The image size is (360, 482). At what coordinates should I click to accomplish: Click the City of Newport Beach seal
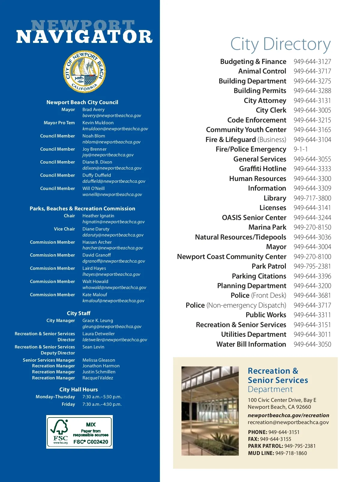tap(84, 72)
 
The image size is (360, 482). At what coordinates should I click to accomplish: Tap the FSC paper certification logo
tap(79, 432)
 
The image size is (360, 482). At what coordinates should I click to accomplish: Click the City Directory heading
tap(280, 44)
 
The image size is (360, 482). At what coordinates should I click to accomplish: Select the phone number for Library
tap(312, 198)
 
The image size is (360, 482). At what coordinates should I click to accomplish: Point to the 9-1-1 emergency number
tap(301, 149)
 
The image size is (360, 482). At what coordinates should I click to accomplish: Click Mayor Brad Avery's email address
tap(112, 116)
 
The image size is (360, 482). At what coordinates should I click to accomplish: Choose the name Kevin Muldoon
tap(98, 123)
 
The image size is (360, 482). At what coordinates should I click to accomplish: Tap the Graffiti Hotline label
tap(262, 169)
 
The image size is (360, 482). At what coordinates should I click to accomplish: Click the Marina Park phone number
tap(312, 227)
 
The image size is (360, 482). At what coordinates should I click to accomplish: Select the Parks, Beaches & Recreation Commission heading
tap(82, 209)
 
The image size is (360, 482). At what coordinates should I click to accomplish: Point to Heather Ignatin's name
tap(98, 216)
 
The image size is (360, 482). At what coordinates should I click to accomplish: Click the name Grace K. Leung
tap(97, 321)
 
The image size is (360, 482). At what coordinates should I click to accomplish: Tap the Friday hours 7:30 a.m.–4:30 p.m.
tap(102, 404)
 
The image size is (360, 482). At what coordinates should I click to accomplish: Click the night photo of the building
tap(210, 411)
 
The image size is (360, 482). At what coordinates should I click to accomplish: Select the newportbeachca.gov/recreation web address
tap(288, 415)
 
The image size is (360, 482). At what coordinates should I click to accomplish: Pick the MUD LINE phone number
tap(291, 453)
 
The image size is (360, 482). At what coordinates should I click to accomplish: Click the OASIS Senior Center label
tap(254, 218)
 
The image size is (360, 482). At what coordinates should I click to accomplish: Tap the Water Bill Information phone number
tap(312, 344)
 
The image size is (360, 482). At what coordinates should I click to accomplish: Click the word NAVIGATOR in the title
tap(84, 37)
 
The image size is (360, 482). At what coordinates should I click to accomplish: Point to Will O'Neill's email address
tap(112, 194)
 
